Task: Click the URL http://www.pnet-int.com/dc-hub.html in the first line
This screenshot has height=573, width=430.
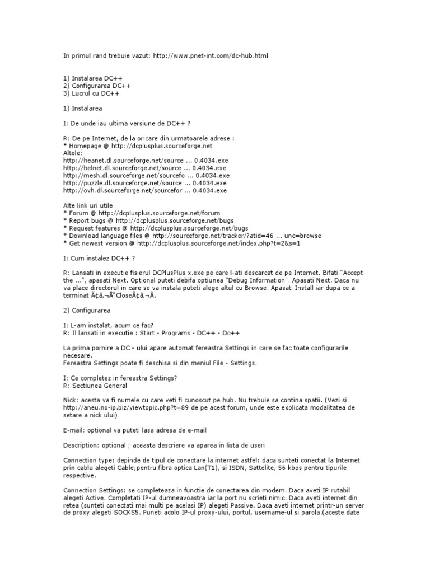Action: pyautogui.click(x=214, y=56)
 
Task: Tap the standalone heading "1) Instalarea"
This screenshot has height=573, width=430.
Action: pyautogui.click(x=83, y=108)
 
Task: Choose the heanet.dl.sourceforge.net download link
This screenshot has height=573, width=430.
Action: pyautogui.click(x=145, y=160)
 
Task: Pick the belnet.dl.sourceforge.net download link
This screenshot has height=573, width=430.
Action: pyautogui.click(x=144, y=167)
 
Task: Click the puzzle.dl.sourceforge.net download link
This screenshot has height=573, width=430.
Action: pyautogui.click(x=145, y=182)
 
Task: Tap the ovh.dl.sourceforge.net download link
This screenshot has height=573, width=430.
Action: pyautogui.click(x=145, y=190)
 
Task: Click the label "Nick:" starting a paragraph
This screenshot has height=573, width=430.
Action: pyautogui.click(x=71, y=401)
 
